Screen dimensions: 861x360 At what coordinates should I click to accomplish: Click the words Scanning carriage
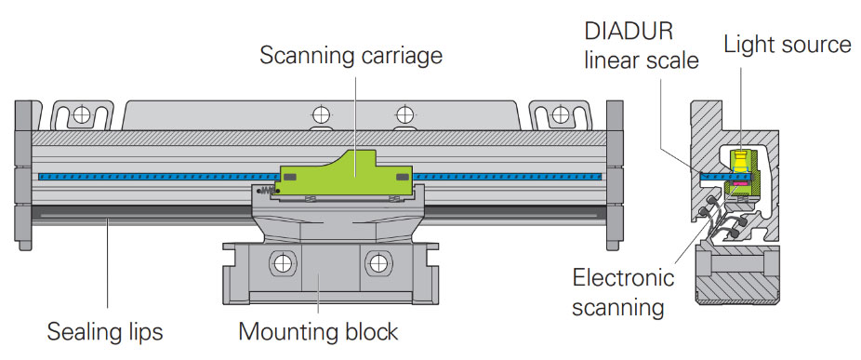click(351, 56)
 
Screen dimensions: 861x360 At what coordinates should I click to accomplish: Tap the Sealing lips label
click(105, 332)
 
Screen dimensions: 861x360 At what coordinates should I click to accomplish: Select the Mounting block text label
click(319, 332)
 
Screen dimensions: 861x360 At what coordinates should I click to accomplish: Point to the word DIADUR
click(629, 32)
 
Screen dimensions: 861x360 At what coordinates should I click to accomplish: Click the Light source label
click(788, 45)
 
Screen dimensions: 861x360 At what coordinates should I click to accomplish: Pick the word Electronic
click(623, 277)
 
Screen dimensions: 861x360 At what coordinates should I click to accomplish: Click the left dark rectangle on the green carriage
click(289, 177)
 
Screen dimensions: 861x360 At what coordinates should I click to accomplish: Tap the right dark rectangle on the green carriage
click(403, 177)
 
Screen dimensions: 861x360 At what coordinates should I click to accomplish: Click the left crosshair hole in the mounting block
click(284, 263)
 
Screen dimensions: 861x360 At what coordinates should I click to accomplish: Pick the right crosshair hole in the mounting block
click(378, 263)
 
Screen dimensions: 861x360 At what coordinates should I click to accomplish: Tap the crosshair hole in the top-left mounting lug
click(82, 114)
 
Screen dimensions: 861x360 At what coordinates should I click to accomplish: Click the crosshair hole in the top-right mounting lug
click(560, 114)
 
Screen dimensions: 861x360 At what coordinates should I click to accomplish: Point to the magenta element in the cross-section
click(741, 182)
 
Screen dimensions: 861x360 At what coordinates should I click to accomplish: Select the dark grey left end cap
click(23, 175)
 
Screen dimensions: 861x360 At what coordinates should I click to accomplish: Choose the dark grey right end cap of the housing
click(615, 175)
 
